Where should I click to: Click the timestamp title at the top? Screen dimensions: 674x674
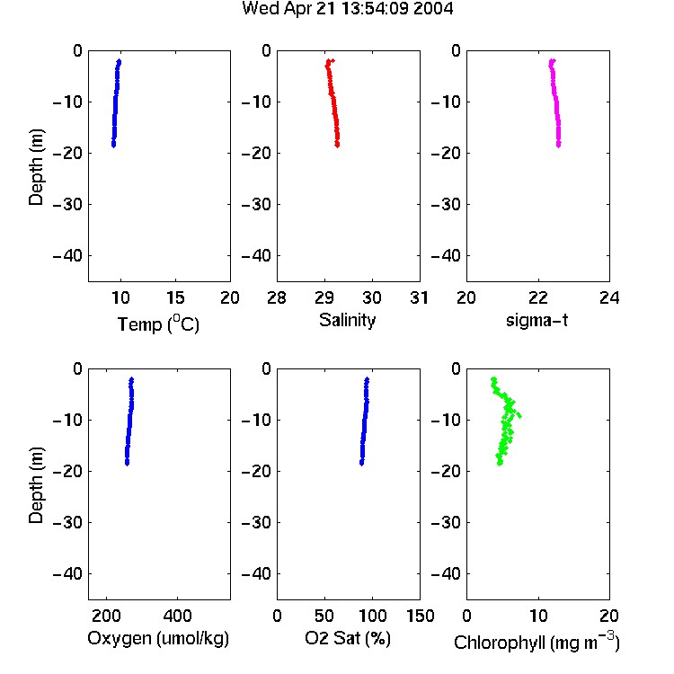pyautogui.click(x=347, y=9)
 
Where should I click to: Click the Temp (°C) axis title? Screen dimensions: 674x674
pyautogui.click(x=158, y=324)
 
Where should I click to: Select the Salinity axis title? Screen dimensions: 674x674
pyautogui.click(x=347, y=320)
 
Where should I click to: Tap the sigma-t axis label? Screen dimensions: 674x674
pyautogui.click(x=537, y=320)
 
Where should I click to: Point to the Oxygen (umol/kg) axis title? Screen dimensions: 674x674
pyautogui.click(x=158, y=638)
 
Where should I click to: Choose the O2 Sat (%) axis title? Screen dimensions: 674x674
pyautogui.click(x=348, y=638)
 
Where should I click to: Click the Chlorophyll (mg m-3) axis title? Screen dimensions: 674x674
pyautogui.click(x=537, y=642)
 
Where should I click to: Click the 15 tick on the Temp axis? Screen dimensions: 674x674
pyautogui.click(x=175, y=297)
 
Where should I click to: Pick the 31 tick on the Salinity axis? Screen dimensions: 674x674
pyautogui.click(x=419, y=297)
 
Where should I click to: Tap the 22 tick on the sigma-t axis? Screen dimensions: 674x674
pyautogui.click(x=538, y=297)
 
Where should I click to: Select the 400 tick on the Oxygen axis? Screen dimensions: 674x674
pyautogui.click(x=177, y=616)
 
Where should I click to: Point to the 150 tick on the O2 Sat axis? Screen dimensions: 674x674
pyautogui.click(x=421, y=616)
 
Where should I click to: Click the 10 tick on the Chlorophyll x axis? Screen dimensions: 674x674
pyautogui.click(x=538, y=616)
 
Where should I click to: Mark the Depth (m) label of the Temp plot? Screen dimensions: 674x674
pyautogui.click(x=36, y=167)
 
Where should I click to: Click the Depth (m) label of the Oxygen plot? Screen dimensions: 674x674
pyautogui.click(x=36, y=485)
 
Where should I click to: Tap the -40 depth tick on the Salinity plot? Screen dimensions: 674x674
pyautogui.click(x=258, y=256)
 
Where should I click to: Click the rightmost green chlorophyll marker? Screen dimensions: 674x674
pyautogui.click(x=519, y=415)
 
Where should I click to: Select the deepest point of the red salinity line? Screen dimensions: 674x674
pyautogui.click(x=337, y=146)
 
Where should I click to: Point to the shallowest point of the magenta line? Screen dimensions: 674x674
pyautogui.click(x=553, y=61)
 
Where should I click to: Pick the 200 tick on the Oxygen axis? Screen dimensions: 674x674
pyautogui.click(x=106, y=616)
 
